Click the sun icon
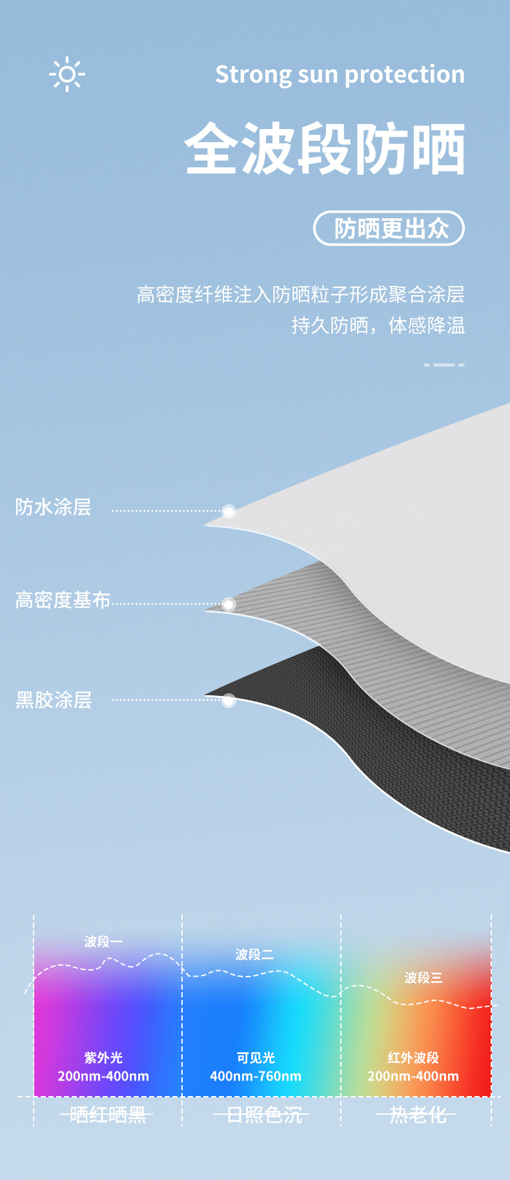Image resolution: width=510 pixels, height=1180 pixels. pos(66,75)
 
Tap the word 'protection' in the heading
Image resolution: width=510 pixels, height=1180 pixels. pos(405,75)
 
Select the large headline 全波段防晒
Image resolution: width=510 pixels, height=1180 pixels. pos(325,149)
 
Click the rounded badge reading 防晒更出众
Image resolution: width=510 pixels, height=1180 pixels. pos(389,229)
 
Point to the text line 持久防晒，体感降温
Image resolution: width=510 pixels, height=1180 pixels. pos(378,325)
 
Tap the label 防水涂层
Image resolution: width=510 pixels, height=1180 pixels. pos(54,507)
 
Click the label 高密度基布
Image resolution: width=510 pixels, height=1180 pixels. pos(63,600)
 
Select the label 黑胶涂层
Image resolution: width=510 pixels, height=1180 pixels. pos(54,700)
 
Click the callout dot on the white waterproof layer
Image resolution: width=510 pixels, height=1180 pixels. pos(229,512)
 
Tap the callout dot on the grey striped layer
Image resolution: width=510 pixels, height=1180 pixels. pos(229,605)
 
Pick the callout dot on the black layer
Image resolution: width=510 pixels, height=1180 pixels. pos(229,700)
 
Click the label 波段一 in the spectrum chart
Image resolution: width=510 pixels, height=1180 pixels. pos(103,942)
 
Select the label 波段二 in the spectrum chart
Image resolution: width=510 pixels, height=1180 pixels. pos(254,955)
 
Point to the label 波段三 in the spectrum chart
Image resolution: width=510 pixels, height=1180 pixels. pos(423,978)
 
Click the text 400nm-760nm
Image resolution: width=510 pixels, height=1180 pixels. pos(256,1076)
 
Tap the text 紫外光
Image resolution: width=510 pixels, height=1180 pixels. pos(103,1058)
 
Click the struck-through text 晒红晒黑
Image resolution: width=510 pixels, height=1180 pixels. pos(107,1115)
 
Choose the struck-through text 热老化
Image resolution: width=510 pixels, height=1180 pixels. pos(416,1115)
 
